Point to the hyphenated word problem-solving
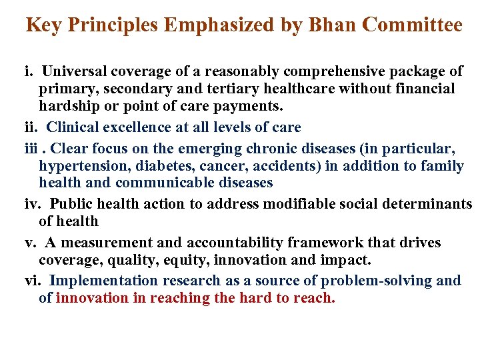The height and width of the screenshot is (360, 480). click(x=376, y=281)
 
